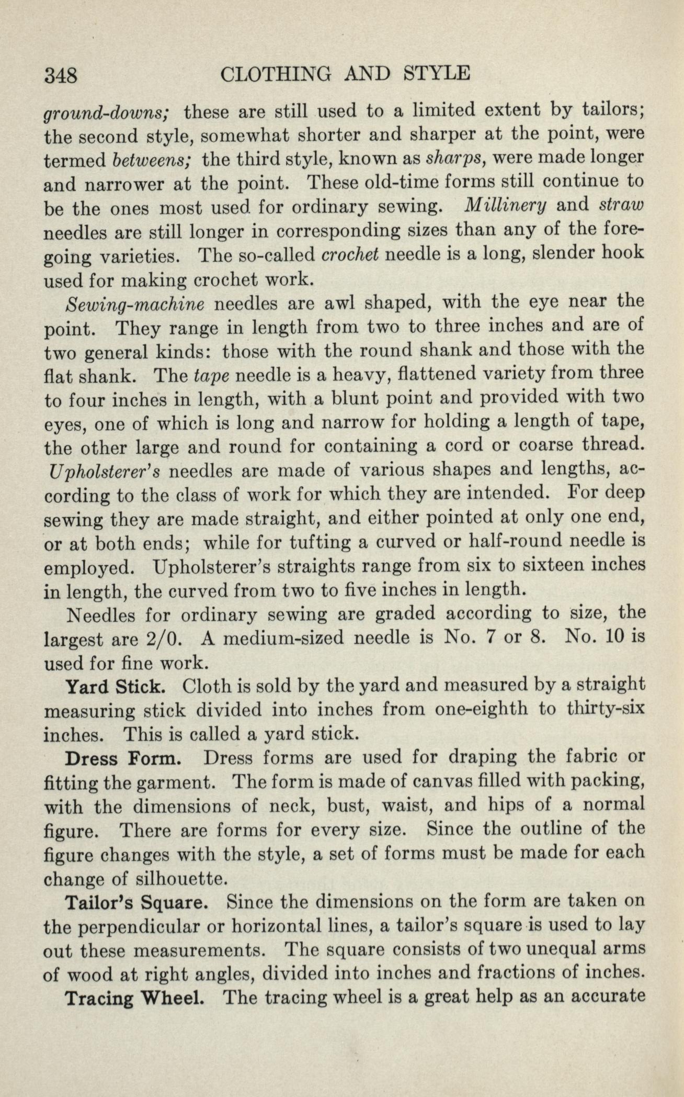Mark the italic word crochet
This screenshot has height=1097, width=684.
coord(349,254)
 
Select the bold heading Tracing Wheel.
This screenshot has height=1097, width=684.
coord(133,998)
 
